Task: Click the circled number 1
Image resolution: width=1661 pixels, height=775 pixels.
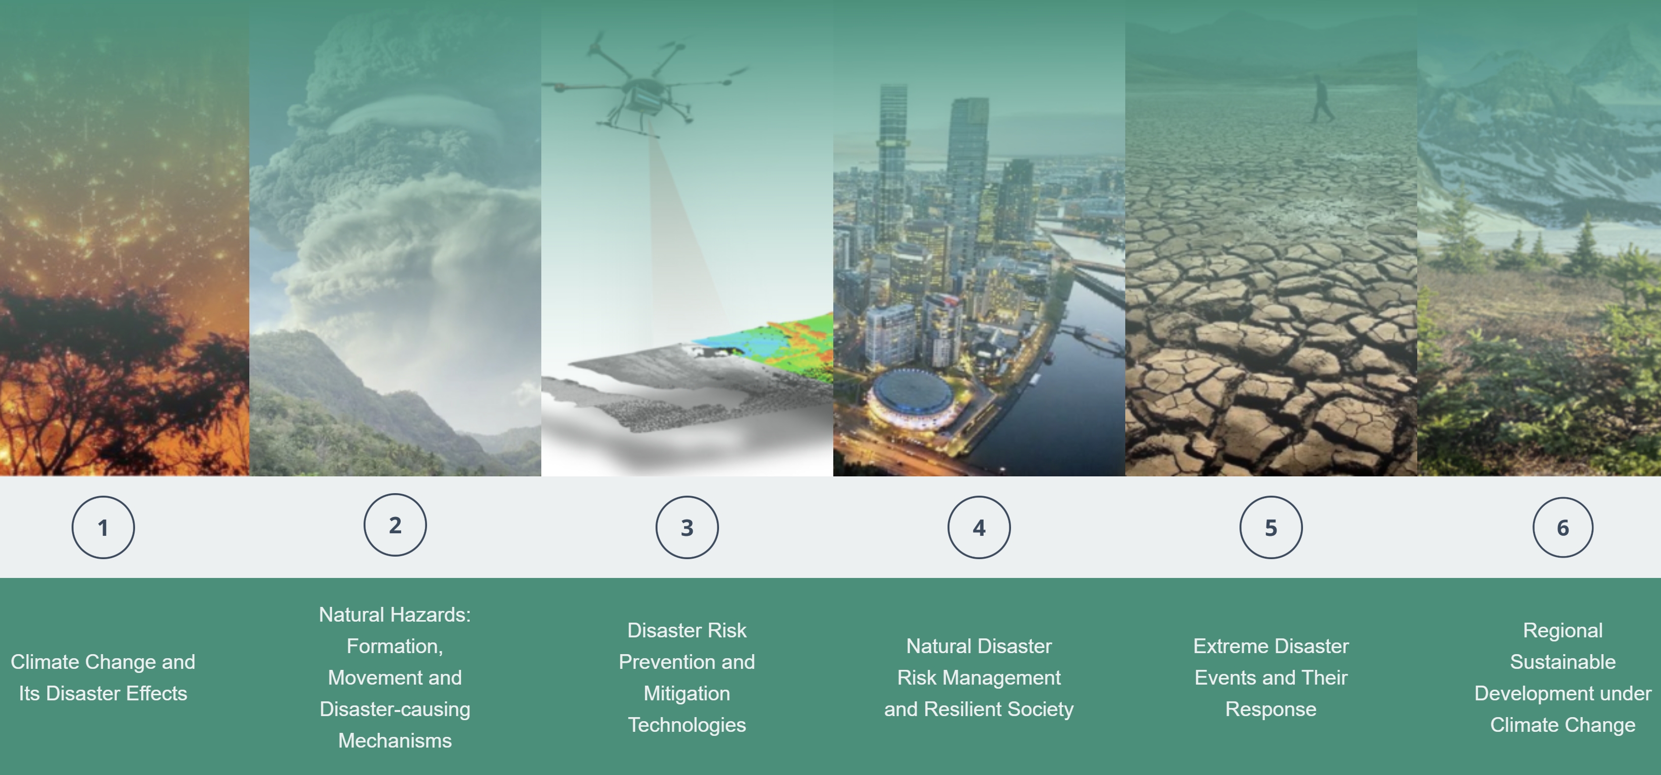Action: click(103, 527)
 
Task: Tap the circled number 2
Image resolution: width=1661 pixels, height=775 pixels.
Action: click(395, 525)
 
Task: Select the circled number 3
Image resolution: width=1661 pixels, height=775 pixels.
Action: click(688, 527)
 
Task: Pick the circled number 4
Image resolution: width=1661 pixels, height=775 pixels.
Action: click(979, 527)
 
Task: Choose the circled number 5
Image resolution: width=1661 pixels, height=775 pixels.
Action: click(1271, 527)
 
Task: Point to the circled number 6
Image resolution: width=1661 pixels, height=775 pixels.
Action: click(1563, 527)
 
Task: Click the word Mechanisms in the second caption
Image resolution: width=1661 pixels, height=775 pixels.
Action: click(395, 740)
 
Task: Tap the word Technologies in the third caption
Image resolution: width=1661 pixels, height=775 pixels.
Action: click(688, 725)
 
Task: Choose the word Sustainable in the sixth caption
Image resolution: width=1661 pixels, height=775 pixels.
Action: click(1563, 662)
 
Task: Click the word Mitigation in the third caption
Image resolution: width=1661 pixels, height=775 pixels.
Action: click(688, 693)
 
